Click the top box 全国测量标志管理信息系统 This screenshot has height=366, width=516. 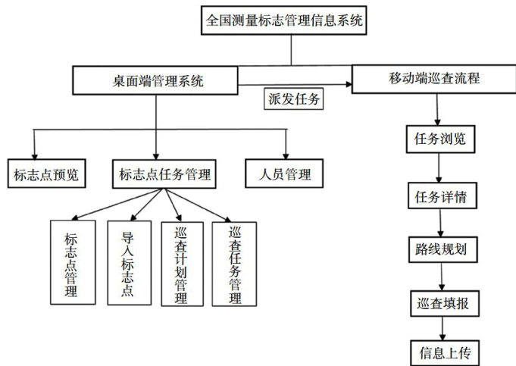[x=285, y=20]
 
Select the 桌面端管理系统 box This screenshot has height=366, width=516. [x=155, y=79]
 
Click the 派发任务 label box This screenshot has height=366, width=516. [x=294, y=99]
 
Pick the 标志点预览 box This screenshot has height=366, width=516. [x=45, y=174]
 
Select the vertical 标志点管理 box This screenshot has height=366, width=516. [x=73, y=262]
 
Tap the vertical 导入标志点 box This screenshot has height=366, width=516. [x=127, y=262]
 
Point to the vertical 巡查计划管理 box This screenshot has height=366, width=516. [x=181, y=263]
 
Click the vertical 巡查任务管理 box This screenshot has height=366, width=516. [x=234, y=263]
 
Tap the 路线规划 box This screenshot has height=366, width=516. [x=441, y=249]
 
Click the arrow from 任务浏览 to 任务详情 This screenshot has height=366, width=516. [x=440, y=169]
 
